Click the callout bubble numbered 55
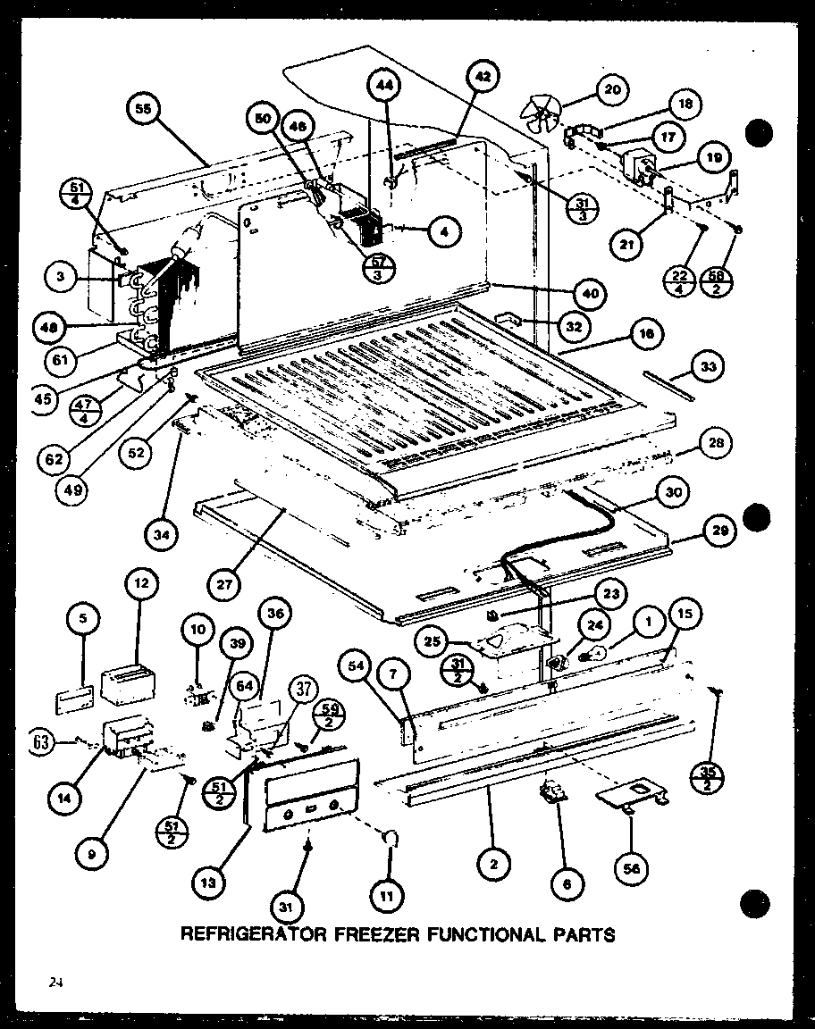(x=143, y=111)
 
